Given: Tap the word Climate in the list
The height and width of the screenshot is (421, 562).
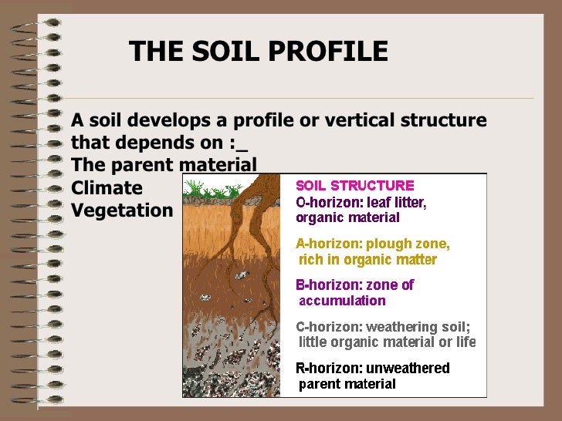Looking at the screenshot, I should (x=107, y=188).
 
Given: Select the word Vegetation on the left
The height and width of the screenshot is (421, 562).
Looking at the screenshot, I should (x=122, y=210).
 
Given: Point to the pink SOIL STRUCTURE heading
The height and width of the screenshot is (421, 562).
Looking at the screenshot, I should (x=355, y=186).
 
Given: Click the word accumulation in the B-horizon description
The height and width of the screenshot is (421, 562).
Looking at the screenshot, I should (x=342, y=301).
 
